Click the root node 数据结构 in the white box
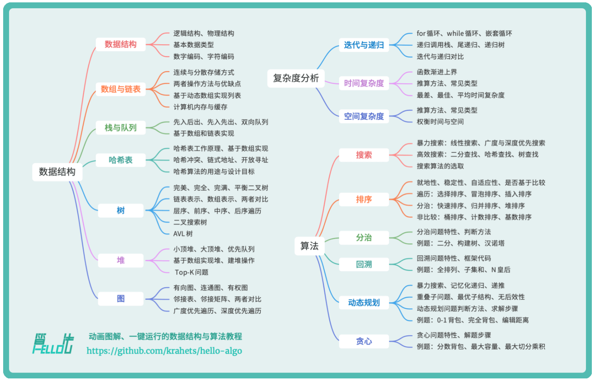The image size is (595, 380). pos(57,172)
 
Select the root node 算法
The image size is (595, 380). pos(309,246)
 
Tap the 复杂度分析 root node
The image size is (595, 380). pos(296,78)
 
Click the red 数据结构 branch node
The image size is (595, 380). pos(121,44)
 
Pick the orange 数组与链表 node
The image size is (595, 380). pos(121,89)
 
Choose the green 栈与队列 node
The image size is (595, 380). pos(121,128)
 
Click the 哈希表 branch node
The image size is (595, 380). pos(121,160)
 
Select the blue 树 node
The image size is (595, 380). pos(121,211)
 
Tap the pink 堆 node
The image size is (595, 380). pos(121,260)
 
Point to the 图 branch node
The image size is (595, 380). pos(121,299)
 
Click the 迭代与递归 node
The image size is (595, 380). pos(364,45)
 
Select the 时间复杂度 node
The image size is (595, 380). pos(364,83)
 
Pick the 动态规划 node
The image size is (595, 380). pos(364,303)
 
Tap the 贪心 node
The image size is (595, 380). pos(364,341)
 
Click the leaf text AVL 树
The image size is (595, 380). pos(183,234)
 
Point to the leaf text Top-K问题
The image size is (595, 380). pos(191,272)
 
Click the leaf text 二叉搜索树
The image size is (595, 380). pos(190,222)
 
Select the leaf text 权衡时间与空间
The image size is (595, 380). pos(440,122)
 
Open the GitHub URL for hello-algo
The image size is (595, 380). pos(164,351)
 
